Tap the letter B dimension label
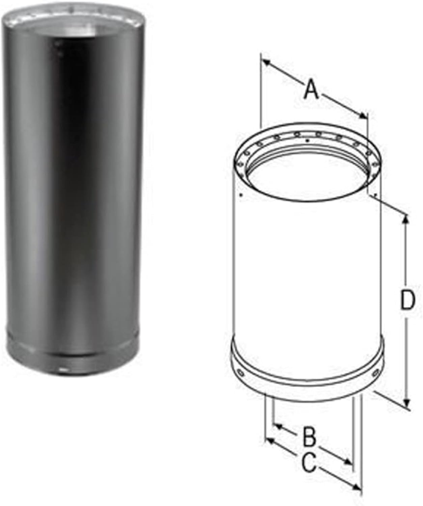pyautogui.click(x=308, y=436)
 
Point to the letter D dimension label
pyautogui.click(x=407, y=301)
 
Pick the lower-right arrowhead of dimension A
pyautogui.click(x=363, y=116)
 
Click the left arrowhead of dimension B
pyautogui.click(x=278, y=426)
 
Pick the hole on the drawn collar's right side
pyautogui.click(x=375, y=373)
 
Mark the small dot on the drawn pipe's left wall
pyautogui.click(x=240, y=195)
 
